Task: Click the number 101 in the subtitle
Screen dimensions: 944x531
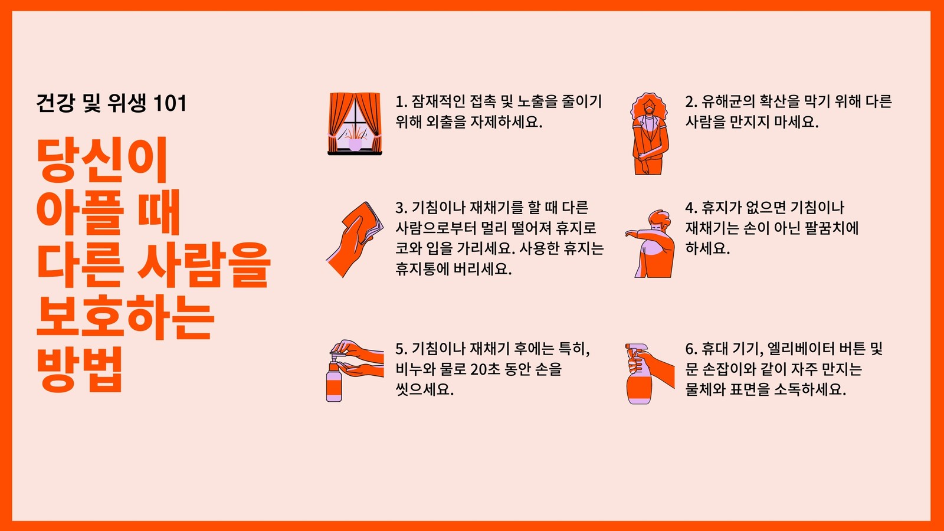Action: point(170,103)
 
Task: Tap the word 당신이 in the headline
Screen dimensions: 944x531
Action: point(103,160)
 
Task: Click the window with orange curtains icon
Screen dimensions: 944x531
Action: point(355,123)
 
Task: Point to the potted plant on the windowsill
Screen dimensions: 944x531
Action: point(355,139)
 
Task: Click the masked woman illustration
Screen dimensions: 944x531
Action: point(650,133)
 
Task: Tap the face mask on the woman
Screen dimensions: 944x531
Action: point(650,110)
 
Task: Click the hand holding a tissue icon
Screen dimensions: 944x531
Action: point(355,239)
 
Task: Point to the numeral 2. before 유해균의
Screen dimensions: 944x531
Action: point(691,102)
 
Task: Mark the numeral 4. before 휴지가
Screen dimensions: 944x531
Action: point(691,208)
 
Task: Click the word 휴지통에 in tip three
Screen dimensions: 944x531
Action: point(422,268)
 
